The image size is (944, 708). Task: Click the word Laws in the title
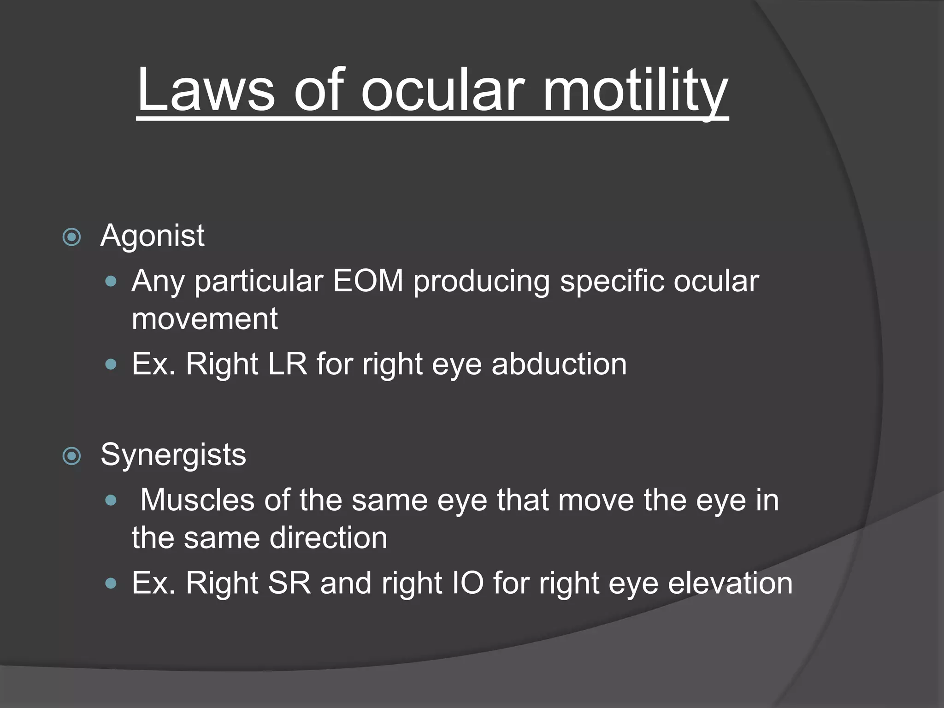206,89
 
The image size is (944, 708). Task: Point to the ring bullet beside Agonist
71,237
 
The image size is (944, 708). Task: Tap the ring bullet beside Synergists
71,456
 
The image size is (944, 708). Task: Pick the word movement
205,319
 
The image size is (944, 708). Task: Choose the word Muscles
197,500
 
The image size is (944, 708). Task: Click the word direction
328,538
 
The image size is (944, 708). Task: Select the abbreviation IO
468,583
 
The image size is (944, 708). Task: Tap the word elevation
730,583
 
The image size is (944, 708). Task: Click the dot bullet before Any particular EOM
111,281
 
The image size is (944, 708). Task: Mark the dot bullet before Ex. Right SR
111,584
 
